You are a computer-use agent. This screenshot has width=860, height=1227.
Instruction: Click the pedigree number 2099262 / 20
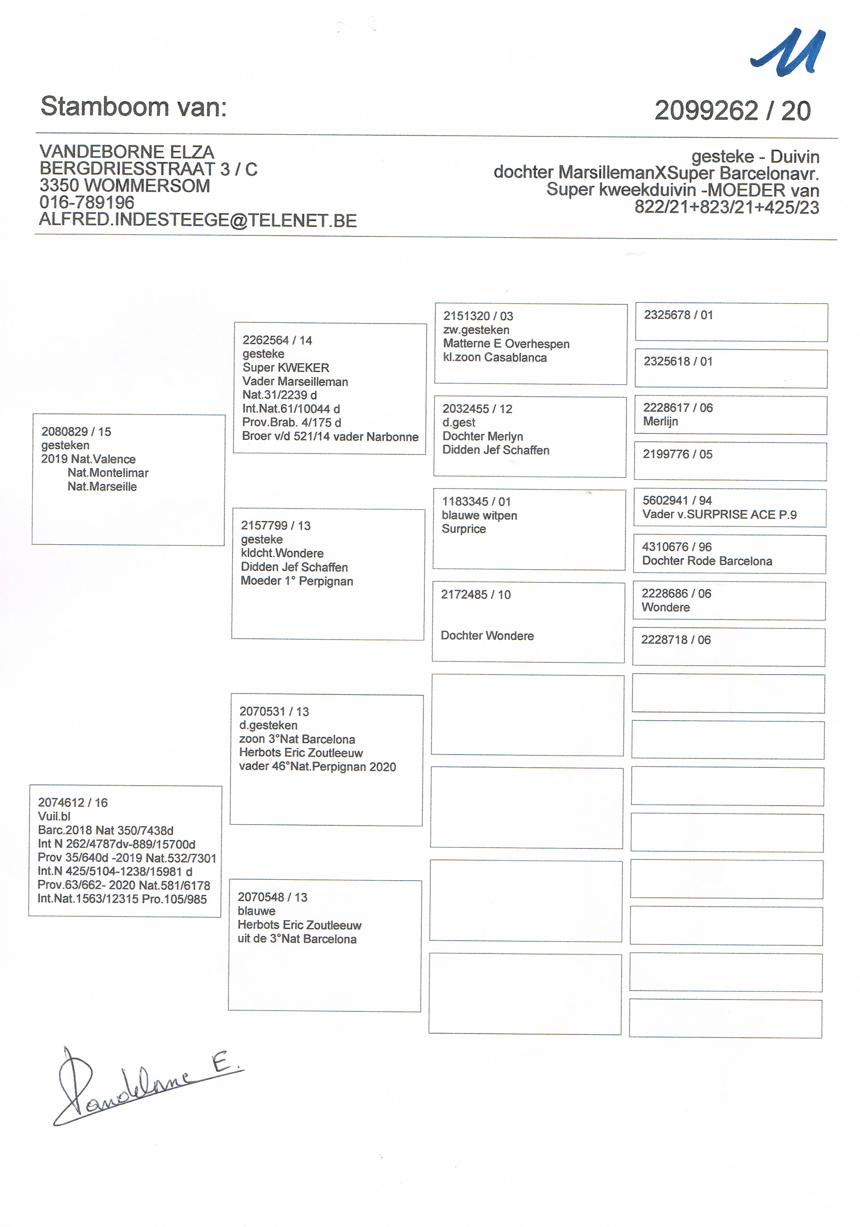(x=732, y=111)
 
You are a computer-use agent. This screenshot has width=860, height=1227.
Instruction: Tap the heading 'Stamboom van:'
(x=134, y=106)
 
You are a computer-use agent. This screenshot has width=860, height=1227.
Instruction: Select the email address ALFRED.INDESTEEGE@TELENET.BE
(x=198, y=220)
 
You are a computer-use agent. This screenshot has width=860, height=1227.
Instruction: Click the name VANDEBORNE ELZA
(x=127, y=152)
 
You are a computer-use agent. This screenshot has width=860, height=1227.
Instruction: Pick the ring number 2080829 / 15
(x=76, y=431)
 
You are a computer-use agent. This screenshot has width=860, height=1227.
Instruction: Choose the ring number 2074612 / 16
(x=72, y=802)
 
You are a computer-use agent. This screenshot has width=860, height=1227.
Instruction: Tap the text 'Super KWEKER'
(x=286, y=368)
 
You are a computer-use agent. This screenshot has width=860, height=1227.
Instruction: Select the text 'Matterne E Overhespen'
(x=506, y=344)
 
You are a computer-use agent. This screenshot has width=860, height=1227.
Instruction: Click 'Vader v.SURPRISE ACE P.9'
(x=719, y=514)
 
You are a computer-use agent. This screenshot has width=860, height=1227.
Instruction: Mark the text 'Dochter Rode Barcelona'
(x=707, y=561)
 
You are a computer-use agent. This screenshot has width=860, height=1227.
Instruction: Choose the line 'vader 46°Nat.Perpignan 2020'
(x=317, y=767)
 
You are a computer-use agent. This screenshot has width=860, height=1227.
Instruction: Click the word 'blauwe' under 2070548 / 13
(x=256, y=911)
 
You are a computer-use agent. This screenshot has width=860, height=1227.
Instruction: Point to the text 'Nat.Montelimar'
(x=108, y=472)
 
